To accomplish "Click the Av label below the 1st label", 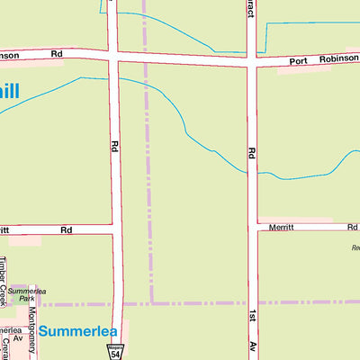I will (253, 345).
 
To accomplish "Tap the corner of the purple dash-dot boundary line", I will (151, 302).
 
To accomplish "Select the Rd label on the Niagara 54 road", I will (115, 144).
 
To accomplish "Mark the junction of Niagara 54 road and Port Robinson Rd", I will (114, 57).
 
